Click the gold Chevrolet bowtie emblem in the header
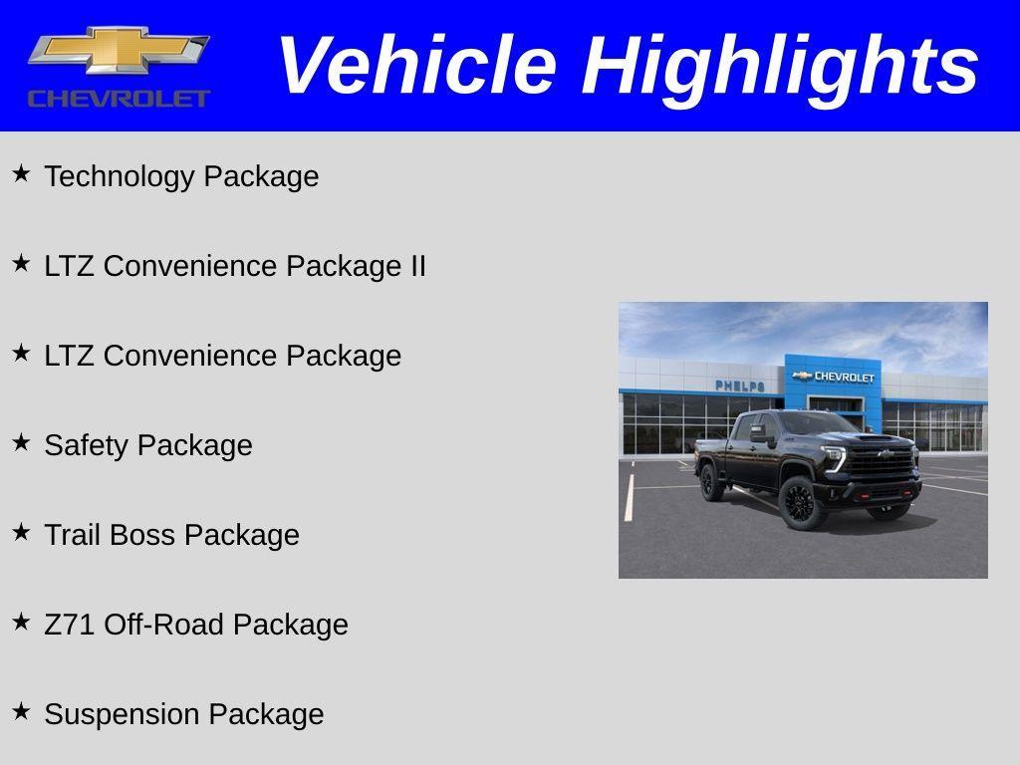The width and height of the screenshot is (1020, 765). (119, 50)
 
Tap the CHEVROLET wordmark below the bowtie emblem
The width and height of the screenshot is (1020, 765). (119, 98)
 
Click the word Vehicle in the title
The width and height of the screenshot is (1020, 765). (415, 66)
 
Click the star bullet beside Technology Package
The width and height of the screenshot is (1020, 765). (21, 173)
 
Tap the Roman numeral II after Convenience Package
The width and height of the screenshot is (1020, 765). (416, 266)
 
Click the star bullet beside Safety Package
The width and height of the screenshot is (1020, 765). (21, 442)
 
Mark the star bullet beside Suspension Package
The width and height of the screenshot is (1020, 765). (21, 711)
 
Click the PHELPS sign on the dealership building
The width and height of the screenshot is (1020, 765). (739, 385)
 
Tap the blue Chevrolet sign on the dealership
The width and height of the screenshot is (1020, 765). (834, 377)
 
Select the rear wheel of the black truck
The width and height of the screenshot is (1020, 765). (711, 482)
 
